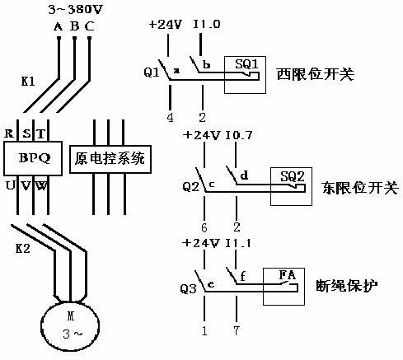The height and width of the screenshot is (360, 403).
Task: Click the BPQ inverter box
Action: tap(33, 158)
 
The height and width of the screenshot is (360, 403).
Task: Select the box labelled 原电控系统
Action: tap(110, 159)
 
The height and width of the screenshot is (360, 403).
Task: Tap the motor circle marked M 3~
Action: tap(70, 326)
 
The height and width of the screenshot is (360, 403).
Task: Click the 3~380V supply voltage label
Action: tap(75, 10)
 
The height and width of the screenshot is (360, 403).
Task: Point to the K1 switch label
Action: tap(28, 82)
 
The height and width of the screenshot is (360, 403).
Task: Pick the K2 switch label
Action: tap(23, 249)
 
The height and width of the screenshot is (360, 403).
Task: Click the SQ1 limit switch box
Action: tap(245, 75)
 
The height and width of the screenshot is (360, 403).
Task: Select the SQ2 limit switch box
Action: tap(291, 186)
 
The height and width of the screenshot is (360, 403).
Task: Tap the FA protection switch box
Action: tap(284, 287)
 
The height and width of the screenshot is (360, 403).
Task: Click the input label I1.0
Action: tap(207, 24)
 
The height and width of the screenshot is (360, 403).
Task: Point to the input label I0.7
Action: tap(238, 135)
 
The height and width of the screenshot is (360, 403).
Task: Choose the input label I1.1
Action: tap(238, 243)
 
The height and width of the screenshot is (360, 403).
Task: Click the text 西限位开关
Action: tap(316, 74)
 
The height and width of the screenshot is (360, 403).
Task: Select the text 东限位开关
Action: tap(360, 188)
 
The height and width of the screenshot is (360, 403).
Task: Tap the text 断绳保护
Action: tap(347, 286)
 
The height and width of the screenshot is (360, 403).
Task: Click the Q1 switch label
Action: tap(152, 72)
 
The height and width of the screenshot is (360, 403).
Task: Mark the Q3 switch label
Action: tap(189, 289)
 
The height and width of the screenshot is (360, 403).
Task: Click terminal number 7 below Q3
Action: tap(237, 330)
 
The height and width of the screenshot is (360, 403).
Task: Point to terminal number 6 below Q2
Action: tap(204, 227)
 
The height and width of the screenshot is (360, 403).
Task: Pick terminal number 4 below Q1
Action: tap(171, 118)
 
